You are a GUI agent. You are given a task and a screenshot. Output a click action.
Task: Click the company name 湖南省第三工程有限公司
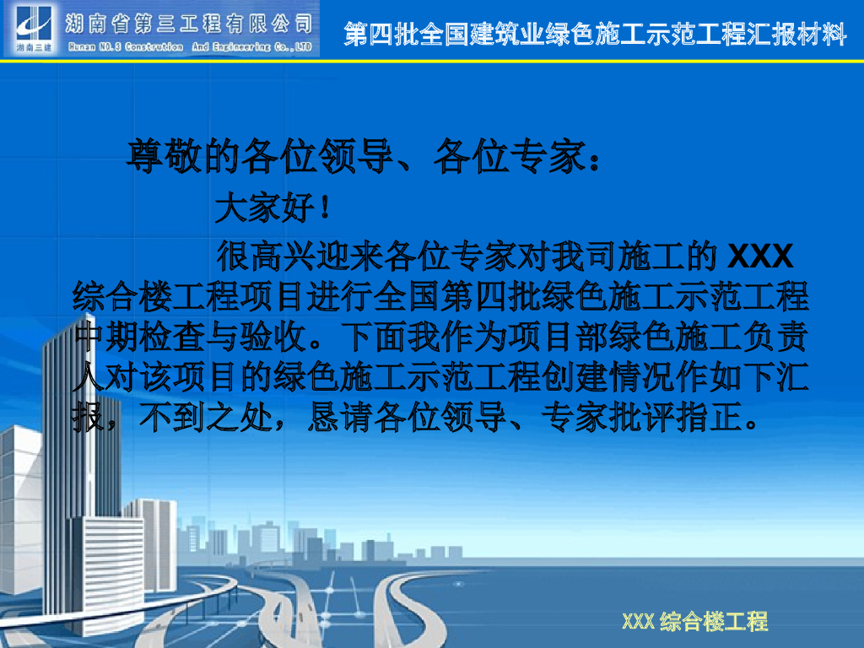point(189,23)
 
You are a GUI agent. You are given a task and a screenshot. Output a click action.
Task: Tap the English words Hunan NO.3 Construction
point(126,47)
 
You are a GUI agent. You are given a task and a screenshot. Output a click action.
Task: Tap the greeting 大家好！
point(273,208)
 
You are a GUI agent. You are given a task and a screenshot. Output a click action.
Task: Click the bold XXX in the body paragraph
point(760,256)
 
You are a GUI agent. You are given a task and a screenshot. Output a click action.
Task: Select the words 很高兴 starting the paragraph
point(267,256)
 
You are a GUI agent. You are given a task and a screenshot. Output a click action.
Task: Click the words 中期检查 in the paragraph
point(139,337)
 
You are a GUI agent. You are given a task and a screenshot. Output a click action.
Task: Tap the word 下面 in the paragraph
point(374,337)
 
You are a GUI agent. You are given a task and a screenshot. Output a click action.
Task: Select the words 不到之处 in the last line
point(206,417)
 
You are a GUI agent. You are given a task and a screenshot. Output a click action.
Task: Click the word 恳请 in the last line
point(341,417)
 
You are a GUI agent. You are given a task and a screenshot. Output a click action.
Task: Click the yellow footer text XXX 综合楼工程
point(695,622)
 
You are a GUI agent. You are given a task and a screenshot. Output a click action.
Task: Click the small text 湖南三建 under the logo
point(34,48)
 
